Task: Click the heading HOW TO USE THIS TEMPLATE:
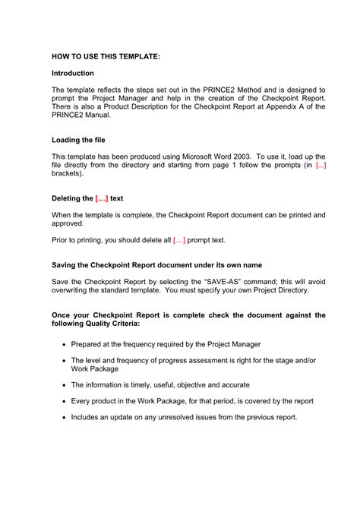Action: (x=106, y=56)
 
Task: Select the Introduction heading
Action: (x=73, y=74)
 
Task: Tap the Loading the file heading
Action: (x=78, y=140)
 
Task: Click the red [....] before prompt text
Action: (x=178, y=241)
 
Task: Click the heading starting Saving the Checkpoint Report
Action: (x=156, y=265)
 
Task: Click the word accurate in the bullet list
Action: (x=232, y=385)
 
